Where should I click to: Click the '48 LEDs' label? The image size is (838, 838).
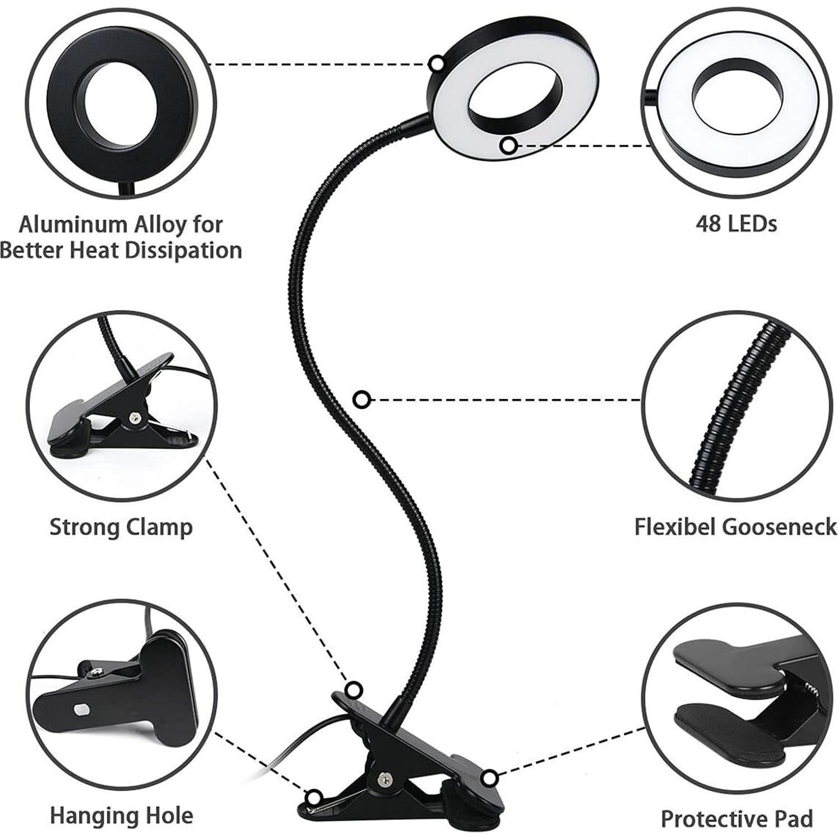tap(736, 224)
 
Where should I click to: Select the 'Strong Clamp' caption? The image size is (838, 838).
tap(121, 527)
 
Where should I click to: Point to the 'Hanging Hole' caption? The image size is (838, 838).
tap(122, 816)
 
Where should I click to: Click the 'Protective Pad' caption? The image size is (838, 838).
tap(737, 819)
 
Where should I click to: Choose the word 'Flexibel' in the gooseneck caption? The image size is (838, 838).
tap(676, 527)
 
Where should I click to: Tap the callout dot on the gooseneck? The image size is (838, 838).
tap(363, 400)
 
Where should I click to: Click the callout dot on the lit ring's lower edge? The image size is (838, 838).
tap(508, 146)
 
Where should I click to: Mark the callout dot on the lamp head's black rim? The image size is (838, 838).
tap(437, 63)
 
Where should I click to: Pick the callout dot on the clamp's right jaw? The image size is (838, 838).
tap(490, 778)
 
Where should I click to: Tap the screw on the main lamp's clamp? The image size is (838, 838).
tap(383, 777)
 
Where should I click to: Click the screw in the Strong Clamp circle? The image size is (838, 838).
tap(135, 417)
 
